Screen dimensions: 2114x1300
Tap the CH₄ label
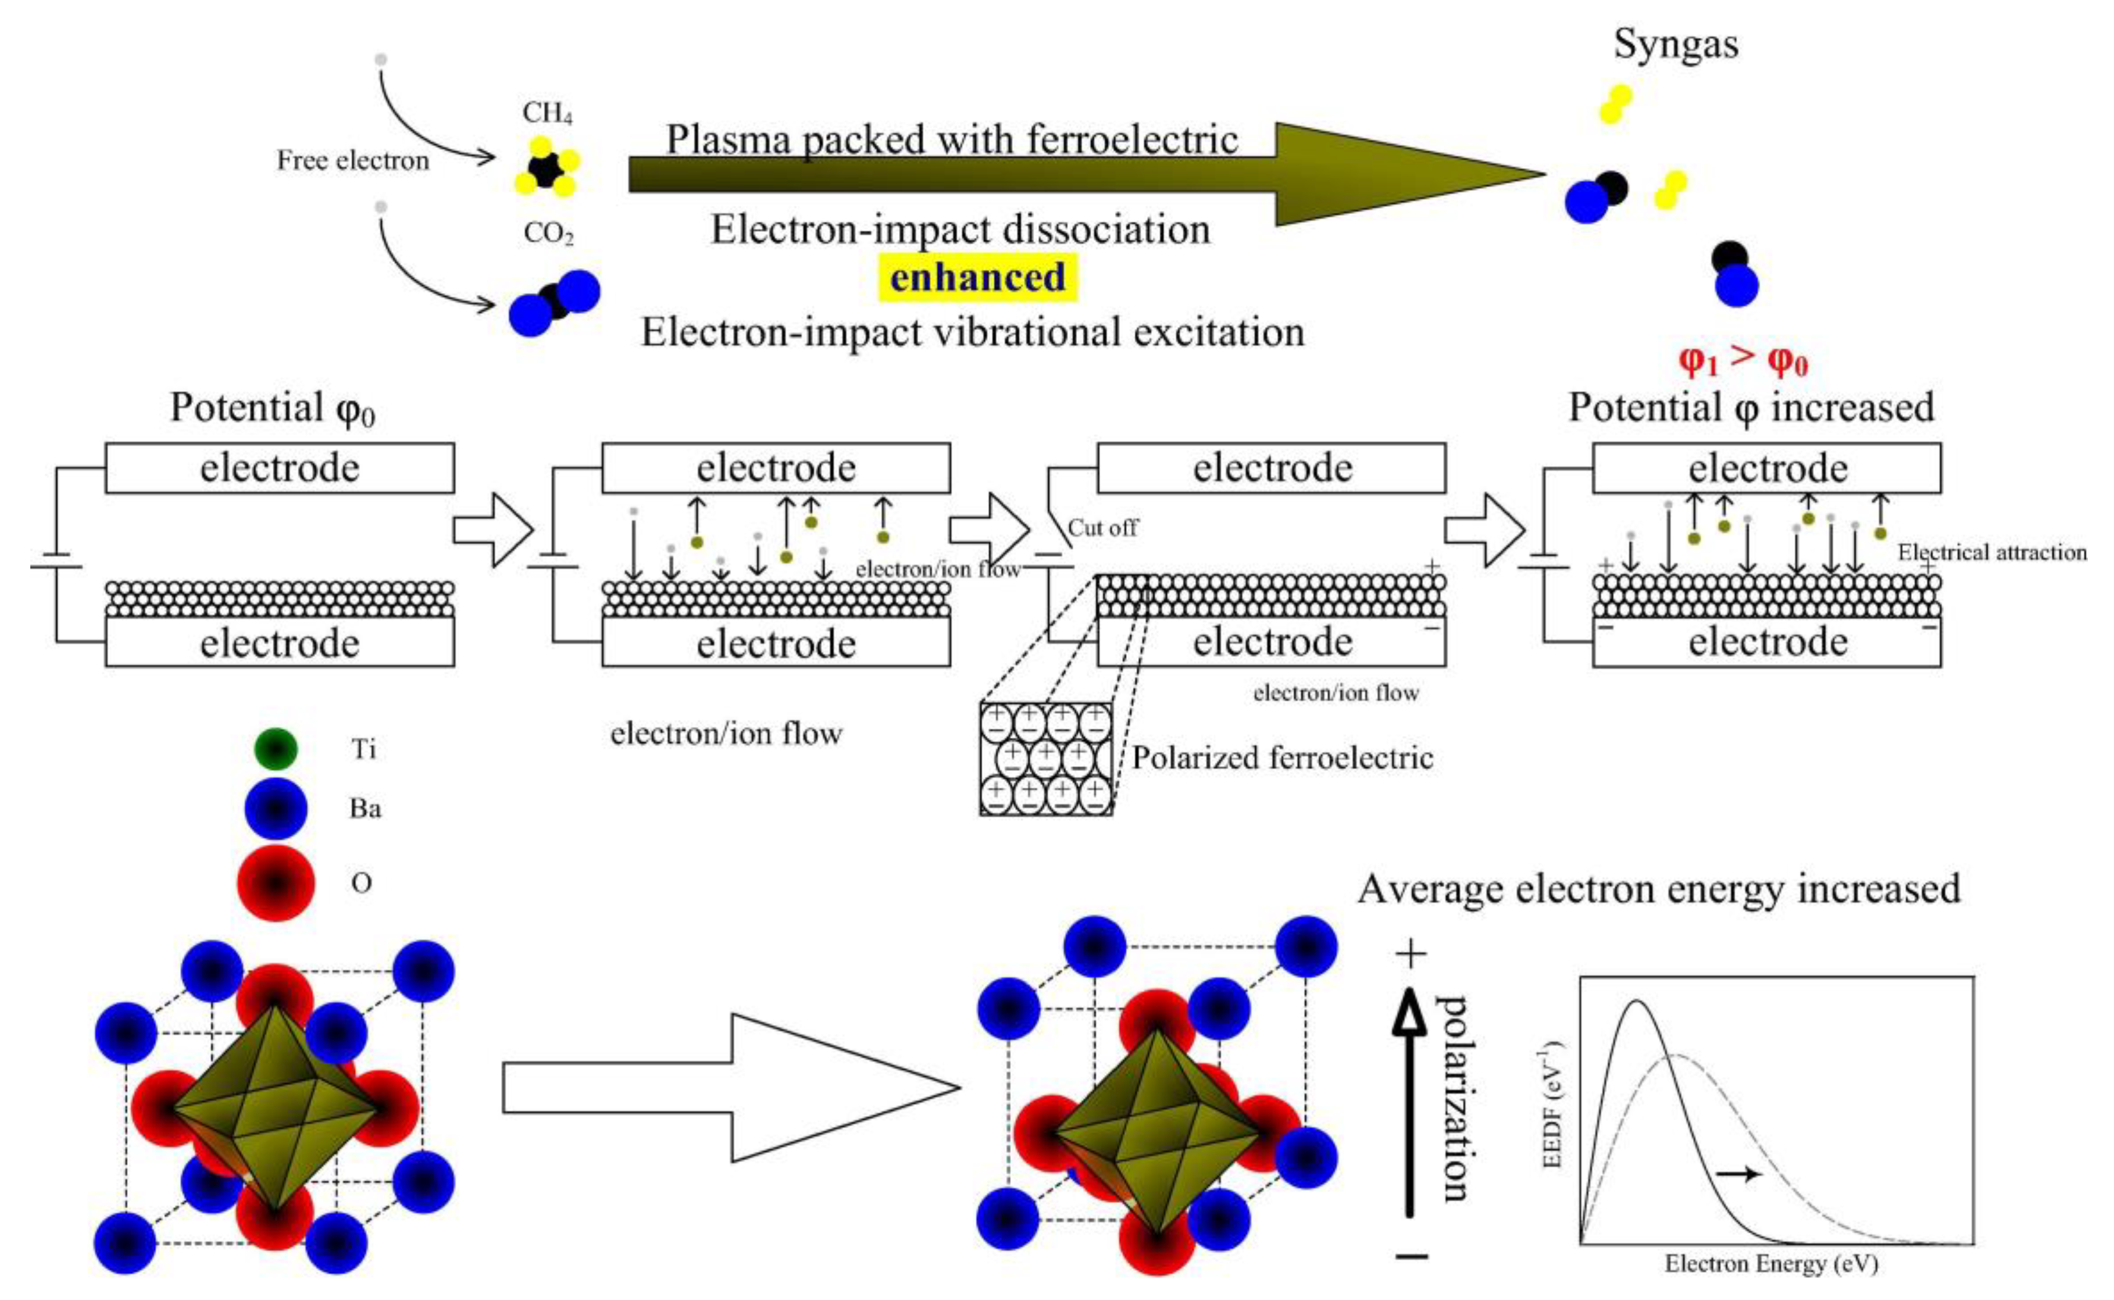[547, 112]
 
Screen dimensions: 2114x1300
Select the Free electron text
[352, 160]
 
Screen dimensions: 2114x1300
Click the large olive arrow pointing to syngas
[1088, 175]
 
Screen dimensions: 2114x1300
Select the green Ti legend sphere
[276, 749]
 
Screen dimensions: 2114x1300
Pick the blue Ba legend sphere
[276, 808]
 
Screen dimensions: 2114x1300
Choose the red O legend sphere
[276, 883]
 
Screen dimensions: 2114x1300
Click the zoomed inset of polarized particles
[1046, 758]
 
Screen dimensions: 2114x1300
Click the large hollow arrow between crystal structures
[731, 1088]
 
